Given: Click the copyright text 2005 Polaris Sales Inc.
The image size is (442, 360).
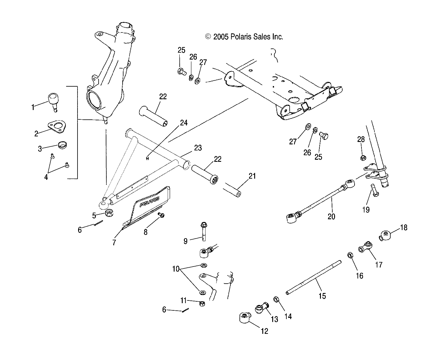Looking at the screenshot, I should click(244, 37).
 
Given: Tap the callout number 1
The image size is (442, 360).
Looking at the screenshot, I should click(33, 107).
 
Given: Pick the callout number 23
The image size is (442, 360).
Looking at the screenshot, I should click(198, 148).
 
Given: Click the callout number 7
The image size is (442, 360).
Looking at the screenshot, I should click(114, 242).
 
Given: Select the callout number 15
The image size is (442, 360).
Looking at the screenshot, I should click(322, 296).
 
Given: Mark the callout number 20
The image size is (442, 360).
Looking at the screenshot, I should click(331, 216).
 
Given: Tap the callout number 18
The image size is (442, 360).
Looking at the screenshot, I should click(404, 228).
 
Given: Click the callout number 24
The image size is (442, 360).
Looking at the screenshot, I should click(184, 123).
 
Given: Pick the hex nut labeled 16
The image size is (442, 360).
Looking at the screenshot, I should click(350, 255).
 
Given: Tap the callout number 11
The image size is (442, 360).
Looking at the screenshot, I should click(184, 300).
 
